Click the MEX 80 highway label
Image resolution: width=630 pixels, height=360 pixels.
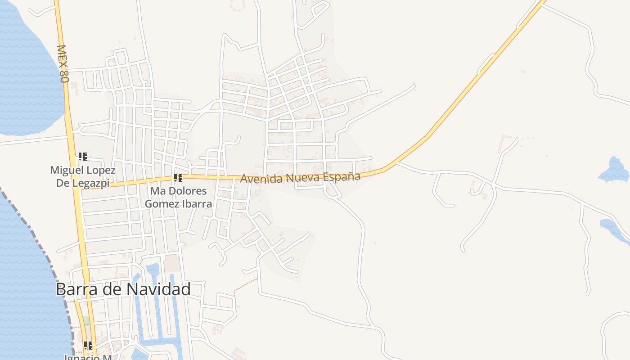(x=63, y=63)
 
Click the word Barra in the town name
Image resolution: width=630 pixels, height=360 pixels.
(x=77, y=289)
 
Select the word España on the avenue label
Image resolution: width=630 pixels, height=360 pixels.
(x=340, y=176)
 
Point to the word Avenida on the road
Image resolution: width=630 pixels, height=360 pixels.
(x=261, y=178)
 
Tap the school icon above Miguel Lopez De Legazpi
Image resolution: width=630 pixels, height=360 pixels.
(x=83, y=157)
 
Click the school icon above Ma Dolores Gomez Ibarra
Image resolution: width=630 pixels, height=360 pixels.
(x=178, y=178)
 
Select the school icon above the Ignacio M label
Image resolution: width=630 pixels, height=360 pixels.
(x=88, y=346)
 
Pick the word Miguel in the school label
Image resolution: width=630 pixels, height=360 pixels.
(x=65, y=171)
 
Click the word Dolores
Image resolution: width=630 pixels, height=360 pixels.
(x=186, y=191)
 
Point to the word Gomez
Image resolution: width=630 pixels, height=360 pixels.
(x=161, y=203)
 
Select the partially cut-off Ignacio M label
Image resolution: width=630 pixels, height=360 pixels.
(x=87, y=357)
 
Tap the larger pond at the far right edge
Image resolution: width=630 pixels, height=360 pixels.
(x=614, y=170)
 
